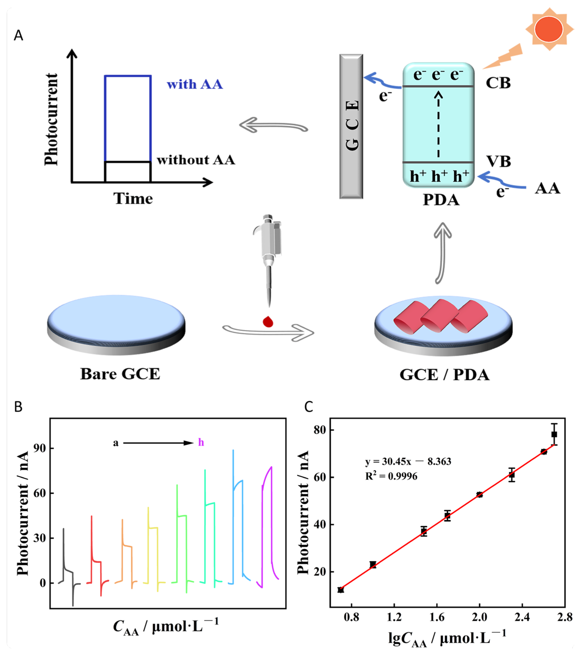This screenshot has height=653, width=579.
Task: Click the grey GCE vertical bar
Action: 351,127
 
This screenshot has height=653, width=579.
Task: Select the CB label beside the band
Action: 498,83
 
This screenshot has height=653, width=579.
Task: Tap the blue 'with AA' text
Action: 195,84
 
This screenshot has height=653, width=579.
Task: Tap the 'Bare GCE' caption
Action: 120,374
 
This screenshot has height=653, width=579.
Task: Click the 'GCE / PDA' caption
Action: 444,375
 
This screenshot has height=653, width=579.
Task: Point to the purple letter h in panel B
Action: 201,442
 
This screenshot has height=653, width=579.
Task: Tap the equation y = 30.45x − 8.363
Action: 408,461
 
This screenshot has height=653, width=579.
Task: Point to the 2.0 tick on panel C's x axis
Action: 479,617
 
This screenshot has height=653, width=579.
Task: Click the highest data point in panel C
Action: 554,435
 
